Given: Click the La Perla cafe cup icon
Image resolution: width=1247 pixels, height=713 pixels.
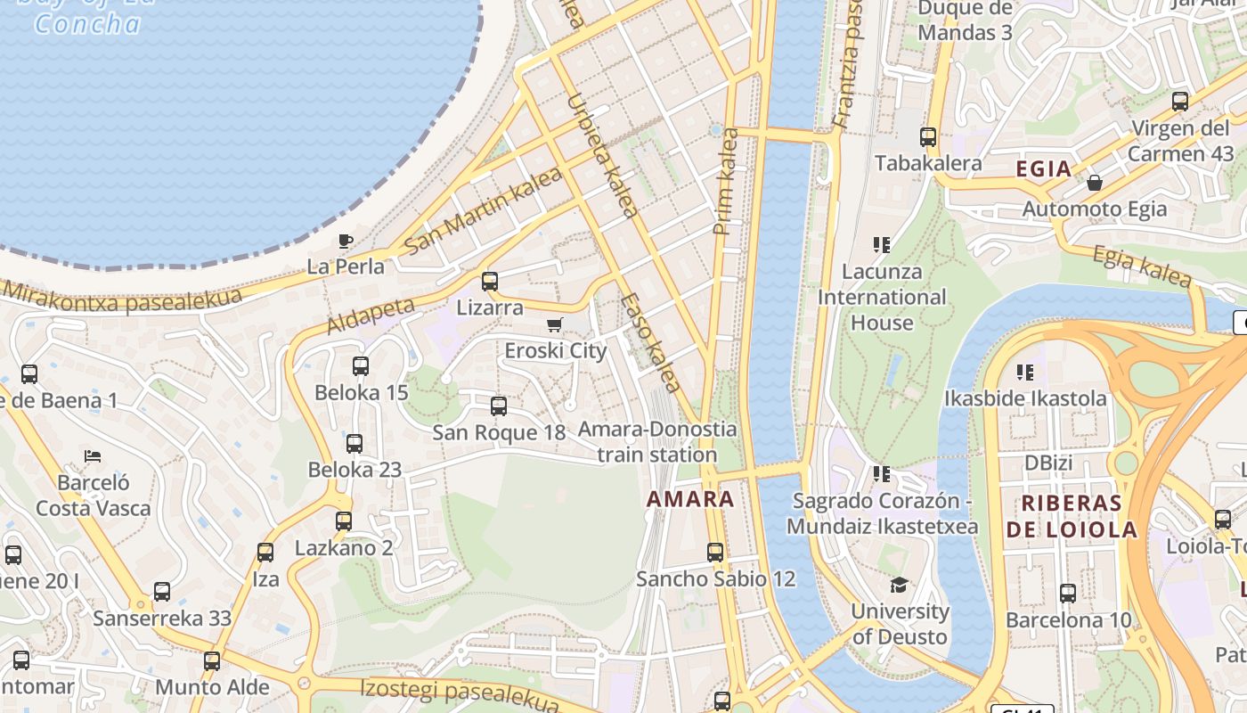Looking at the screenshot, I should tap(346, 241).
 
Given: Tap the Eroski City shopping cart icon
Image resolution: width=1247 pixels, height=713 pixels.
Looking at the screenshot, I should tap(555, 325).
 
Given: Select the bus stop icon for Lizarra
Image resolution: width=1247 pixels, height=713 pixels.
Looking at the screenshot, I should tap(489, 282).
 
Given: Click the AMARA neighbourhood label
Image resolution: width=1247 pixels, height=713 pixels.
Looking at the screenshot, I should tap(690, 499).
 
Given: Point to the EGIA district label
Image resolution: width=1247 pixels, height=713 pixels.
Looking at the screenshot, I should tap(1044, 169).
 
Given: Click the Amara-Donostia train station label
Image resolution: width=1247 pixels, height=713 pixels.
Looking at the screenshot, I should tap(657, 442).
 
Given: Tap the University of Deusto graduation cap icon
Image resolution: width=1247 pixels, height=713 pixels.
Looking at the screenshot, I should tap(900, 586).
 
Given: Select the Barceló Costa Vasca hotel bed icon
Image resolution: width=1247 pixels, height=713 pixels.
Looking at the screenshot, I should tap(93, 456).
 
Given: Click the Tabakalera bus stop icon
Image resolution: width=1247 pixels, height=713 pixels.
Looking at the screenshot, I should tap(928, 137).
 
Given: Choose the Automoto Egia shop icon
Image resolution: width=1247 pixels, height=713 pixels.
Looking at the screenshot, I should tap(1095, 183).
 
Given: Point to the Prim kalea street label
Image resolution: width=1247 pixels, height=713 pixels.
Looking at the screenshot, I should tap(726, 182).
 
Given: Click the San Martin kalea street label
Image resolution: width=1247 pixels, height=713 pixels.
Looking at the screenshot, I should tap(483, 209).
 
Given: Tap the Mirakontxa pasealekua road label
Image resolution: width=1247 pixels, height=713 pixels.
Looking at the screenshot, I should tap(121, 299).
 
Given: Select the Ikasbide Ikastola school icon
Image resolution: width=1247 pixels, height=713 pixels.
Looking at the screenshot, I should tap(1025, 372).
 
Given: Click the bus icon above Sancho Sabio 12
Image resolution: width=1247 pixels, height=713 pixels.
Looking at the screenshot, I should tap(715, 553).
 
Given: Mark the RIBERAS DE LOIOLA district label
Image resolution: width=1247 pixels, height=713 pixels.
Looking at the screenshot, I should tap(1072, 516).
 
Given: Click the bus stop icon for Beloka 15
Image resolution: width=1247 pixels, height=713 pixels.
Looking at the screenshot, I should tap(361, 366).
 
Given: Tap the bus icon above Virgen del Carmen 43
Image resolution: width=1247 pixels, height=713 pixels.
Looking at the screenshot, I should tap(1180, 102).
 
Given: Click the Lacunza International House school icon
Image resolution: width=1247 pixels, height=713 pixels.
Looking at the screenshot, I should tap(882, 244).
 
